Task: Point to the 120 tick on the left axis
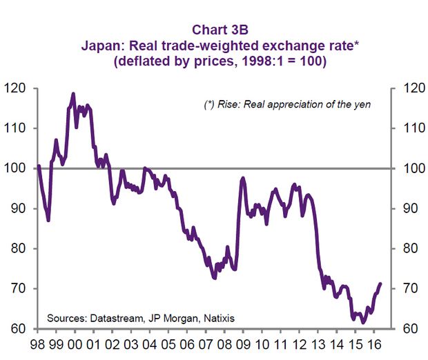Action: coord(15,88)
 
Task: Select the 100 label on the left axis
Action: coord(15,168)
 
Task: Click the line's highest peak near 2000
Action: coord(73,93)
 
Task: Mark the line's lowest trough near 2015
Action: coord(363,322)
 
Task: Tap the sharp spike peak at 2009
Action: coord(243,178)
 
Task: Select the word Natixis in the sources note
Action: coord(216,318)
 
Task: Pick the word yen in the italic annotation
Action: coord(362,105)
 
